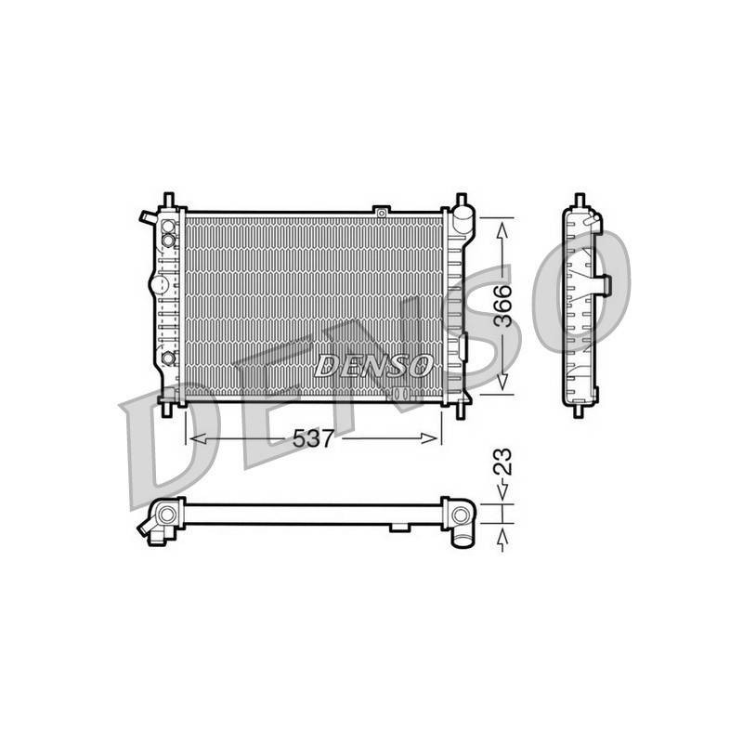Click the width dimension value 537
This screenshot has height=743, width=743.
click(313, 438)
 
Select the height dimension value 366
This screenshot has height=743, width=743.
click(502, 306)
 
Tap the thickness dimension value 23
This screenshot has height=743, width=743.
click(502, 462)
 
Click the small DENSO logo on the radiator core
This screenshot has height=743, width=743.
click(373, 366)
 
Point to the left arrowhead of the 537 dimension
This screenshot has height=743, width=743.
click(198, 438)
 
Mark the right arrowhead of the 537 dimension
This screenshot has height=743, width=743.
click(429, 438)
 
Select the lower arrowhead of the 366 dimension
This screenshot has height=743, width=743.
click(502, 382)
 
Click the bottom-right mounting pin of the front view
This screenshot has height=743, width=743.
click(460, 411)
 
